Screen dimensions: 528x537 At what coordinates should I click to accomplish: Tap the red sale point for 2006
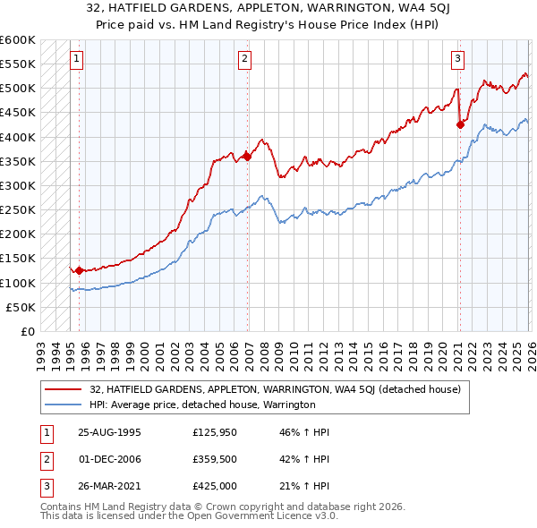pos(247,157)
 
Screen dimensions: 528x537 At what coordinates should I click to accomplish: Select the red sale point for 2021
pos(460,125)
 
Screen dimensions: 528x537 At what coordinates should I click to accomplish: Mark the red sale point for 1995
pos(79,270)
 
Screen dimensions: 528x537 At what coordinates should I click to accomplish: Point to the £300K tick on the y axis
pos(18,185)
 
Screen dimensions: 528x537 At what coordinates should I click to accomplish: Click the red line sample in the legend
pos(64,389)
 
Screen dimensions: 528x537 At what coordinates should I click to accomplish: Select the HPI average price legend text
pos(202,405)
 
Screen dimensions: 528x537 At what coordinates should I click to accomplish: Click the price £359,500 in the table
pos(215,459)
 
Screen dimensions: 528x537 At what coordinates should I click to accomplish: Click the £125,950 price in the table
pos(215,430)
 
